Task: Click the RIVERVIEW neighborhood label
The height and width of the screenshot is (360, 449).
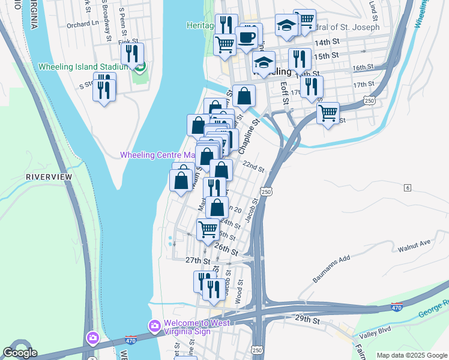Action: [49, 177]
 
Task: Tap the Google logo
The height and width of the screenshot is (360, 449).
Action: [20, 353]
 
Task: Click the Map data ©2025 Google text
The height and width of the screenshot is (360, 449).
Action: [412, 355]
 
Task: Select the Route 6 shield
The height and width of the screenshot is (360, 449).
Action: [407, 188]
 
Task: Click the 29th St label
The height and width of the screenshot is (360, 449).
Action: [307, 319]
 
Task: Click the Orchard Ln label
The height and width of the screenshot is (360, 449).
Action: [81, 25]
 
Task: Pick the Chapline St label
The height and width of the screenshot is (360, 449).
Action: [249, 136]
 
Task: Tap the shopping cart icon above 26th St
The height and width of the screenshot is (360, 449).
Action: [208, 229]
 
